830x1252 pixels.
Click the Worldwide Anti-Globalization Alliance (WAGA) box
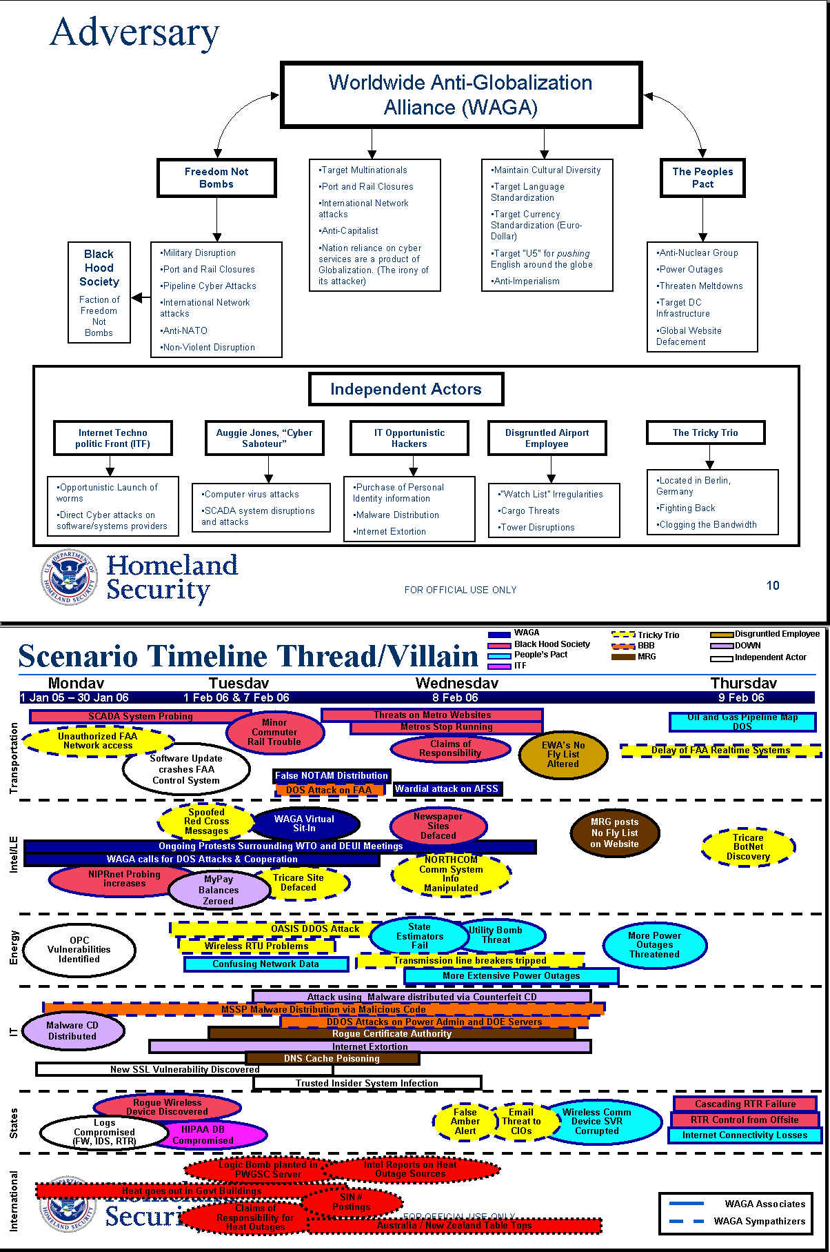click(x=460, y=95)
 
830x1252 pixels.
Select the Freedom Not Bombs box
click(x=216, y=178)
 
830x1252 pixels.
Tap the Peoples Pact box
click(x=702, y=178)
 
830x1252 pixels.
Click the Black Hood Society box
click(x=99, y=292)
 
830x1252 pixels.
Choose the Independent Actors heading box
click(x=406, y=389)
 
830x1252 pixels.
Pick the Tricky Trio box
click(x=705, y=433)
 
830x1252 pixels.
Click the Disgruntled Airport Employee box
click(x=547, y=438)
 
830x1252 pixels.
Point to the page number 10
click(x=773, y=586)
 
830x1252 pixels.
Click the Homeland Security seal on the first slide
click(x=68, y=577)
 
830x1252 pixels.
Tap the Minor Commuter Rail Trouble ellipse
click(x=274, y=733)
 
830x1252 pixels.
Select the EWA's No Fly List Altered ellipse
click(x=563, y=755)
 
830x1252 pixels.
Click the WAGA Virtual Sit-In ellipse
click(x=304, y=824)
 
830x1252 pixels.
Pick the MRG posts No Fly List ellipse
click(x=614, y=833)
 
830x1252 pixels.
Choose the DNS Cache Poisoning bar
click(x=332, y=1058)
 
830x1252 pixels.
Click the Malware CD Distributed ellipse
click(x=72, y=1031)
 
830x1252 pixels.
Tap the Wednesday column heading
click(x=456, y=683)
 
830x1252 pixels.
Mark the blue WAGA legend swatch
click(x=499, y=634)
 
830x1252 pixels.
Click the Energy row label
click(x=14, y=947)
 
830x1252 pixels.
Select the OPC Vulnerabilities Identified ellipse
click(x=79, y=950)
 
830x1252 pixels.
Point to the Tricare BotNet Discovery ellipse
click(x=748, y=847)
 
